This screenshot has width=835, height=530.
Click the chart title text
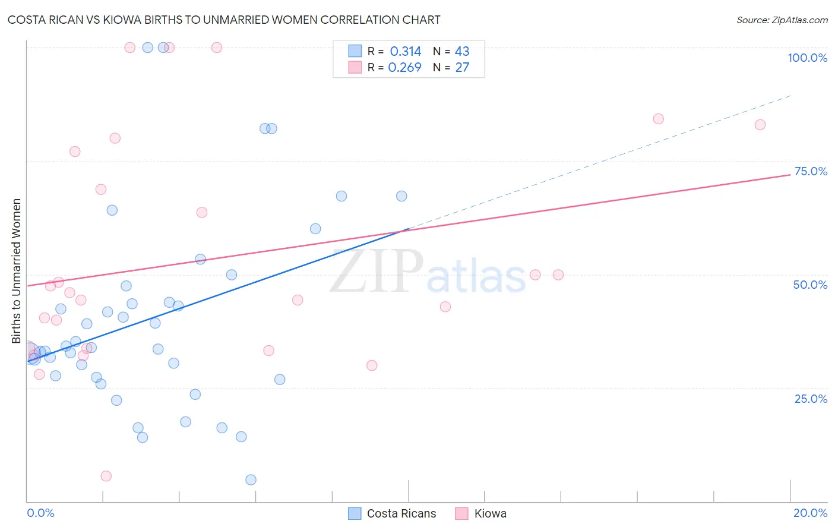pos(224,20)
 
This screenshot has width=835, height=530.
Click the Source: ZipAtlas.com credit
pos(782,20)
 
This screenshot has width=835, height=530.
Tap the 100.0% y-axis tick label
pos(807,58)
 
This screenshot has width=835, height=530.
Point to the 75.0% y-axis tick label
pos(811,171)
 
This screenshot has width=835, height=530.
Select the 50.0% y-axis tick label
pos(810,285)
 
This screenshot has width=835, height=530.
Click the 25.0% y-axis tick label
pos(811,399)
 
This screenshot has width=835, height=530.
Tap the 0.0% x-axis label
pos(40,513)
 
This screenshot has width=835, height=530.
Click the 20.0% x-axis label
pos(810,513)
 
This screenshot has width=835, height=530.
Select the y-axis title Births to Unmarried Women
pos(17,271)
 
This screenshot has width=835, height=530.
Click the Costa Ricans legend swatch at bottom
pos(355,513)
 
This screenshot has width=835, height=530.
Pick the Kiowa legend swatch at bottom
pos(461,513)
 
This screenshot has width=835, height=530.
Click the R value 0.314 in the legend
pos(406,52)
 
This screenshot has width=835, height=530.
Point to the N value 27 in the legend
pos(462,67)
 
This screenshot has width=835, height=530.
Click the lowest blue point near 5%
pos(251,479)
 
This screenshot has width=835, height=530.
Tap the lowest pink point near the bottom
pos(106,476)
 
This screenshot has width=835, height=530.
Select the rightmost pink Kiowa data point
pos(760,125)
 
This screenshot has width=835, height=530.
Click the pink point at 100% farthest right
pos(217,48)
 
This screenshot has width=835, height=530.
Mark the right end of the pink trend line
pos(790,175)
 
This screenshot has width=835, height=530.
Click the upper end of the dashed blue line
pos(790,95)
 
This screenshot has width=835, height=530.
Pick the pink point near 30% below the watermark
pos(372,365)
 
